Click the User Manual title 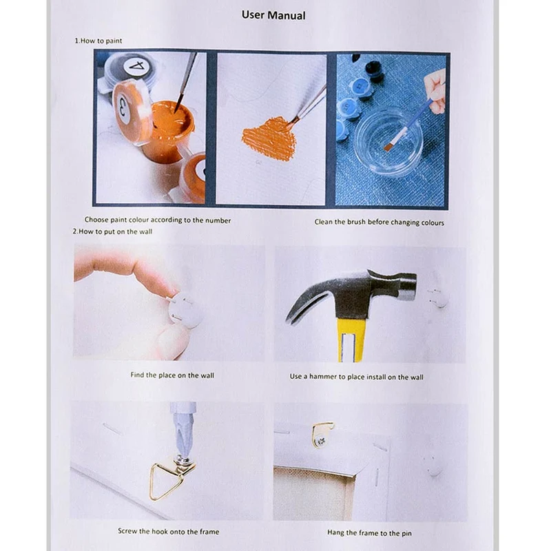pyautogui.click(x=273, y=15)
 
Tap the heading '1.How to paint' pyautogui.click(x=98, y=41)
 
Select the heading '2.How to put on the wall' pyautogui.click(x=112, y=231)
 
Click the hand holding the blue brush pyautogui.click(x=435, y=92)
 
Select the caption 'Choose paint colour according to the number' pyautogui.click(x=158, y=220)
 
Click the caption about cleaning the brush pyautogui.click(x=380, y=222)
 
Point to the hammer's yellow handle pyautogui.click(x=352, y=340)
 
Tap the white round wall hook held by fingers pyautogui.click(x=185, y=310)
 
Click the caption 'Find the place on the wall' pyautogui.click(x=172, y=375)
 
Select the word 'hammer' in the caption pyautogui.click(x=322, y=377)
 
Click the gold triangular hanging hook pyautogui.click(x=168, y=479)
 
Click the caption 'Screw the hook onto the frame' pyautogui.click(x=168, y=531)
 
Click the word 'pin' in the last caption pyautogui.click(x=407, y=533)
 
